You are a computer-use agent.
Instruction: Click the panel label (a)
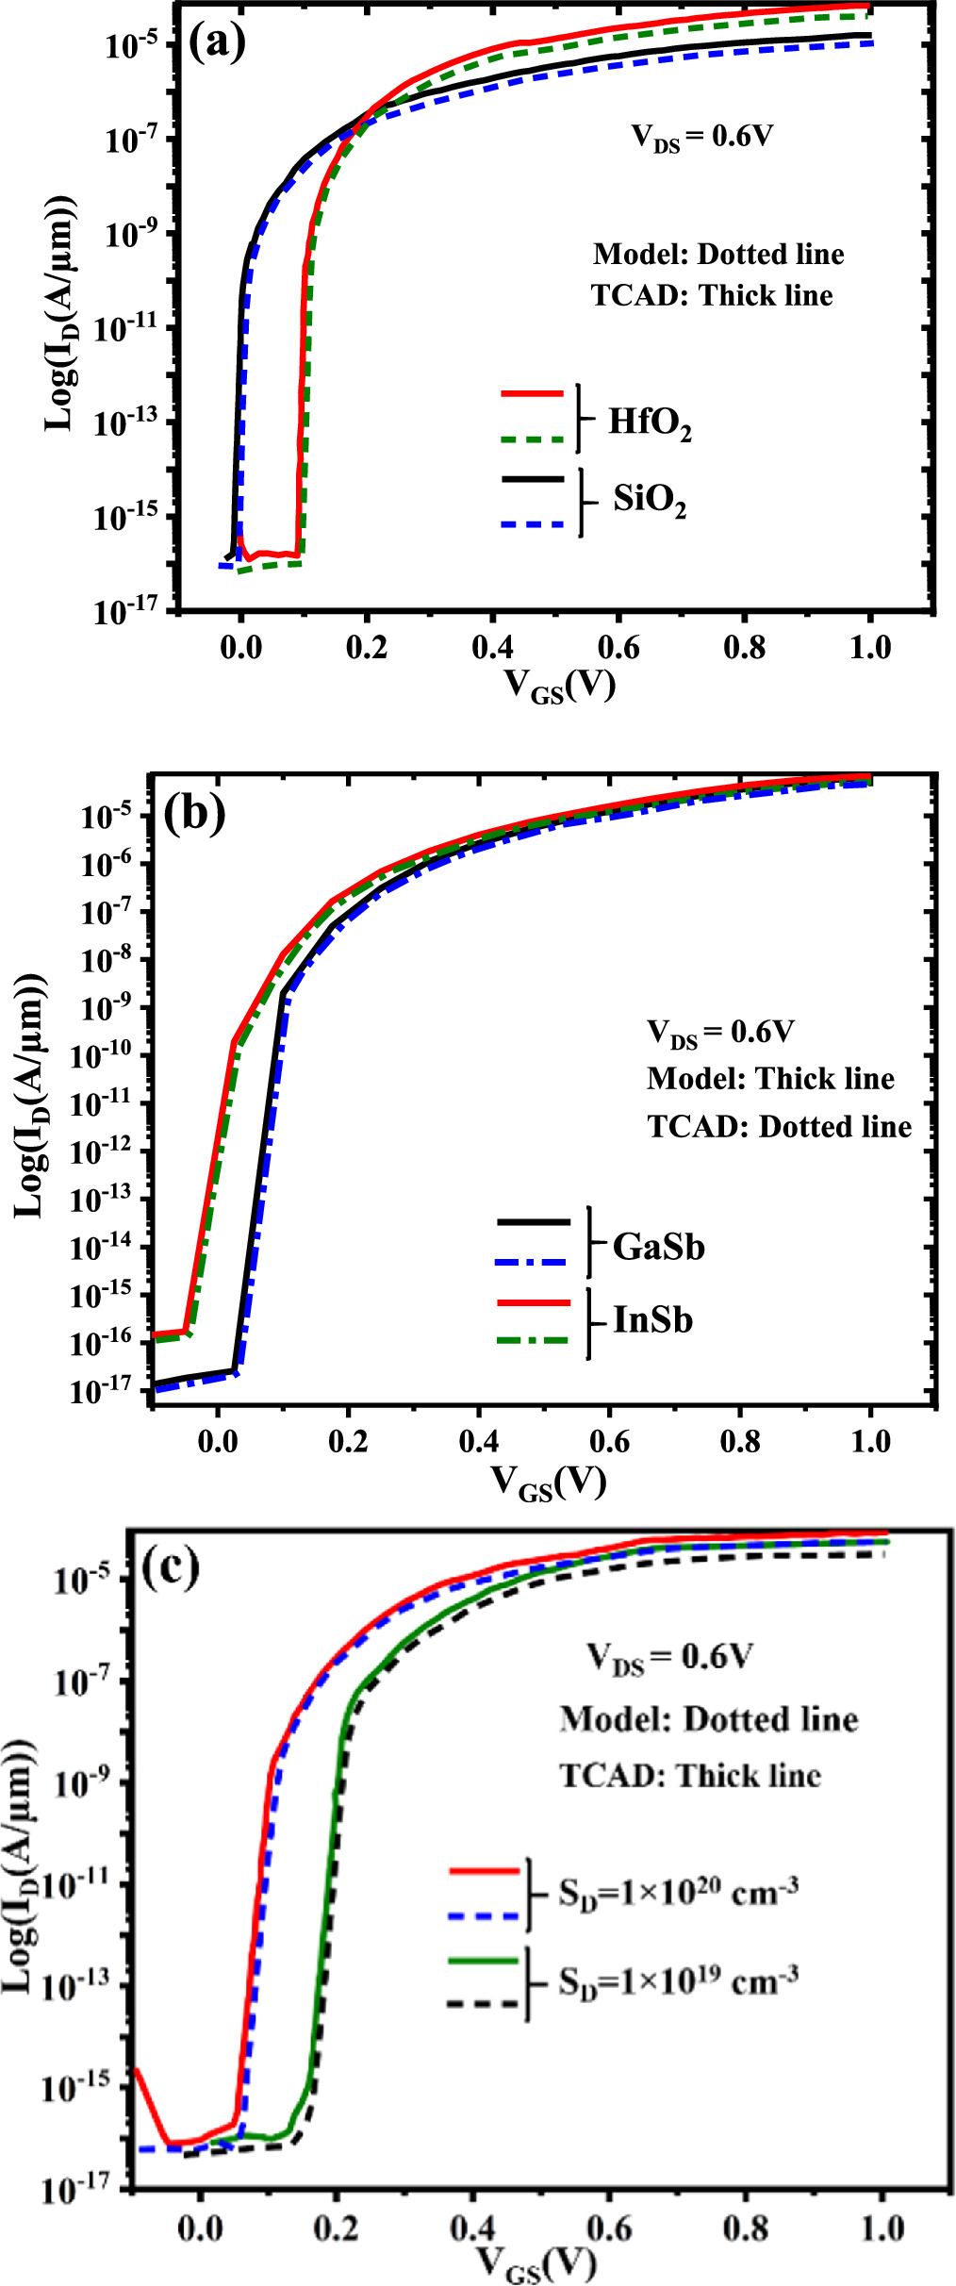click(x=217, y=41)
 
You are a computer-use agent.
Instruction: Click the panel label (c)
click(x=170, y=1567)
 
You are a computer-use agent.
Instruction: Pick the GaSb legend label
click(x=659, y=1247)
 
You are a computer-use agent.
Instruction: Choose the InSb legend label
click(x=653, y=1319)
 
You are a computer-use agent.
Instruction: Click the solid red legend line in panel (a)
click(x=533, y=392)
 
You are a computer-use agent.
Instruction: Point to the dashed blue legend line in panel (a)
click(x=533, y=524)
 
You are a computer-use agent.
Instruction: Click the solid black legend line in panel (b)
click(x=534, y=1222)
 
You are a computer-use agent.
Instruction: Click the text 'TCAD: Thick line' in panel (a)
click(x=712, y=296)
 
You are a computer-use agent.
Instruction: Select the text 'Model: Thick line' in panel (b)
click(x=770, y=1079)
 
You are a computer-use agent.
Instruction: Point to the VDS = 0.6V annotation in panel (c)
click(x=668, y=1657)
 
